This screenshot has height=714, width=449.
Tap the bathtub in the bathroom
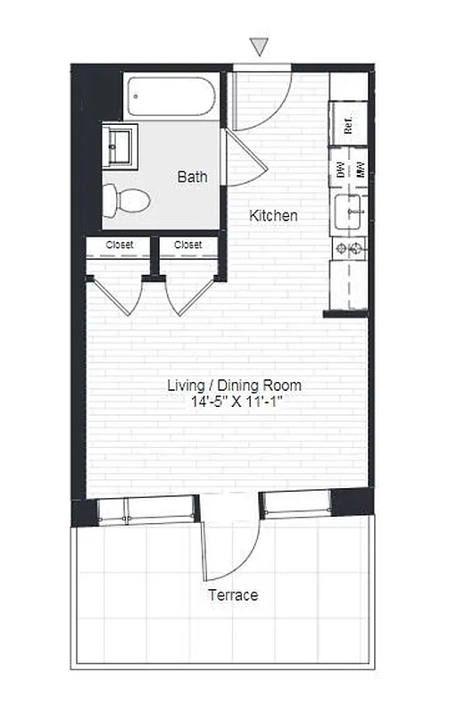pos(170,96)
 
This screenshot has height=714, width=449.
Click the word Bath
pos(192,177)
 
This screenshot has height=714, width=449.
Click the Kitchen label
pos(273,216)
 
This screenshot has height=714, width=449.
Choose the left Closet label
pos(120,245)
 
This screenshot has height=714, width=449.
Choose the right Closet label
pos(187,245)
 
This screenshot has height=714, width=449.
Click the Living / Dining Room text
pos(235,386)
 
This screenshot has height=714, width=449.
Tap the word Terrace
pos(233,595)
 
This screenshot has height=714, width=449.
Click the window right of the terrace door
pos(298,505)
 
